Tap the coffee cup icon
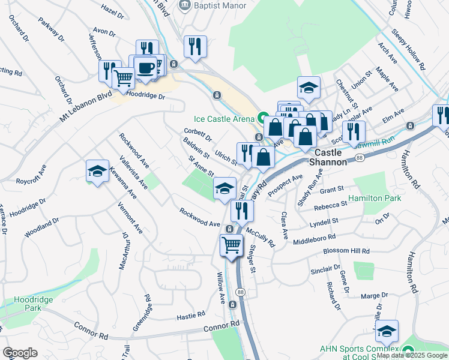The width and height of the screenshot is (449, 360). click(144, 68)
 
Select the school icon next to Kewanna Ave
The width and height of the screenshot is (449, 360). click(97, 171)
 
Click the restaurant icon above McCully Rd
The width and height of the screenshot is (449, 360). click(242, 210)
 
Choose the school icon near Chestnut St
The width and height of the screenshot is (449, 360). click(309, 87)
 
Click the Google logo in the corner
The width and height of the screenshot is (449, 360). click(20, 353)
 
